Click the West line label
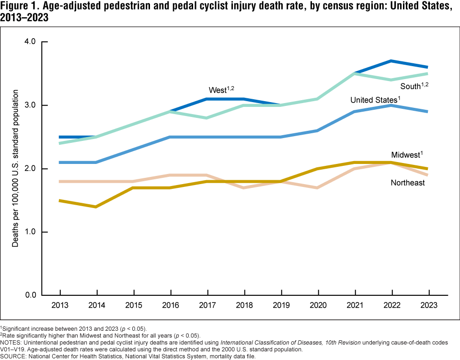pos(221,90)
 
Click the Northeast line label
pos(408,183)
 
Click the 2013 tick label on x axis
pos(60,305)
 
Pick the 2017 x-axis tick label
pos(208,305)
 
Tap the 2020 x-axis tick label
pos(319,305)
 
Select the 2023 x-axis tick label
pos(429,305)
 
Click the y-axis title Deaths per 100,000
pos(15,168)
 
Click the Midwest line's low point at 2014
pos(97,207)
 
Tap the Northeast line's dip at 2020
pos(319,187)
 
